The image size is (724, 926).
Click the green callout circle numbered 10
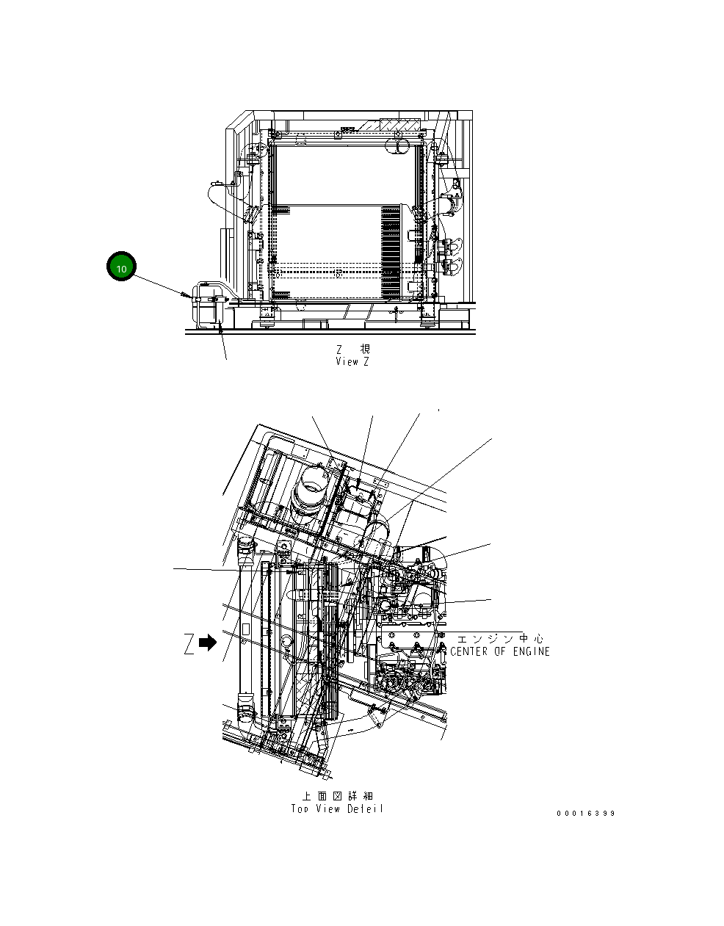(x=122, y=268)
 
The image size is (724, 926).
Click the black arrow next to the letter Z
(x=208, y=643)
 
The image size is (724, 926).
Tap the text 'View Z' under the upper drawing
(x=352, y=361)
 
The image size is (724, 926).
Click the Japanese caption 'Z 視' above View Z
(x=353, y=348)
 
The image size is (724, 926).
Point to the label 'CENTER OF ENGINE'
(x=499, y=651)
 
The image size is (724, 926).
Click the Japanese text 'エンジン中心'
(x=501, y=638)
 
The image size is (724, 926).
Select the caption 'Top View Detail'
(x=337, y=809)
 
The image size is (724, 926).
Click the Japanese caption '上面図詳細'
(x=338, y=796)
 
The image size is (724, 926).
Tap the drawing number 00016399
(x=585, y=813)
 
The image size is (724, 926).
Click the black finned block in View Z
(x=391, y=235)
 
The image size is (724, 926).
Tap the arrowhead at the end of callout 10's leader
(x=182, y=294)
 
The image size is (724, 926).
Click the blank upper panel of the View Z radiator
(x=341, y=174)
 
